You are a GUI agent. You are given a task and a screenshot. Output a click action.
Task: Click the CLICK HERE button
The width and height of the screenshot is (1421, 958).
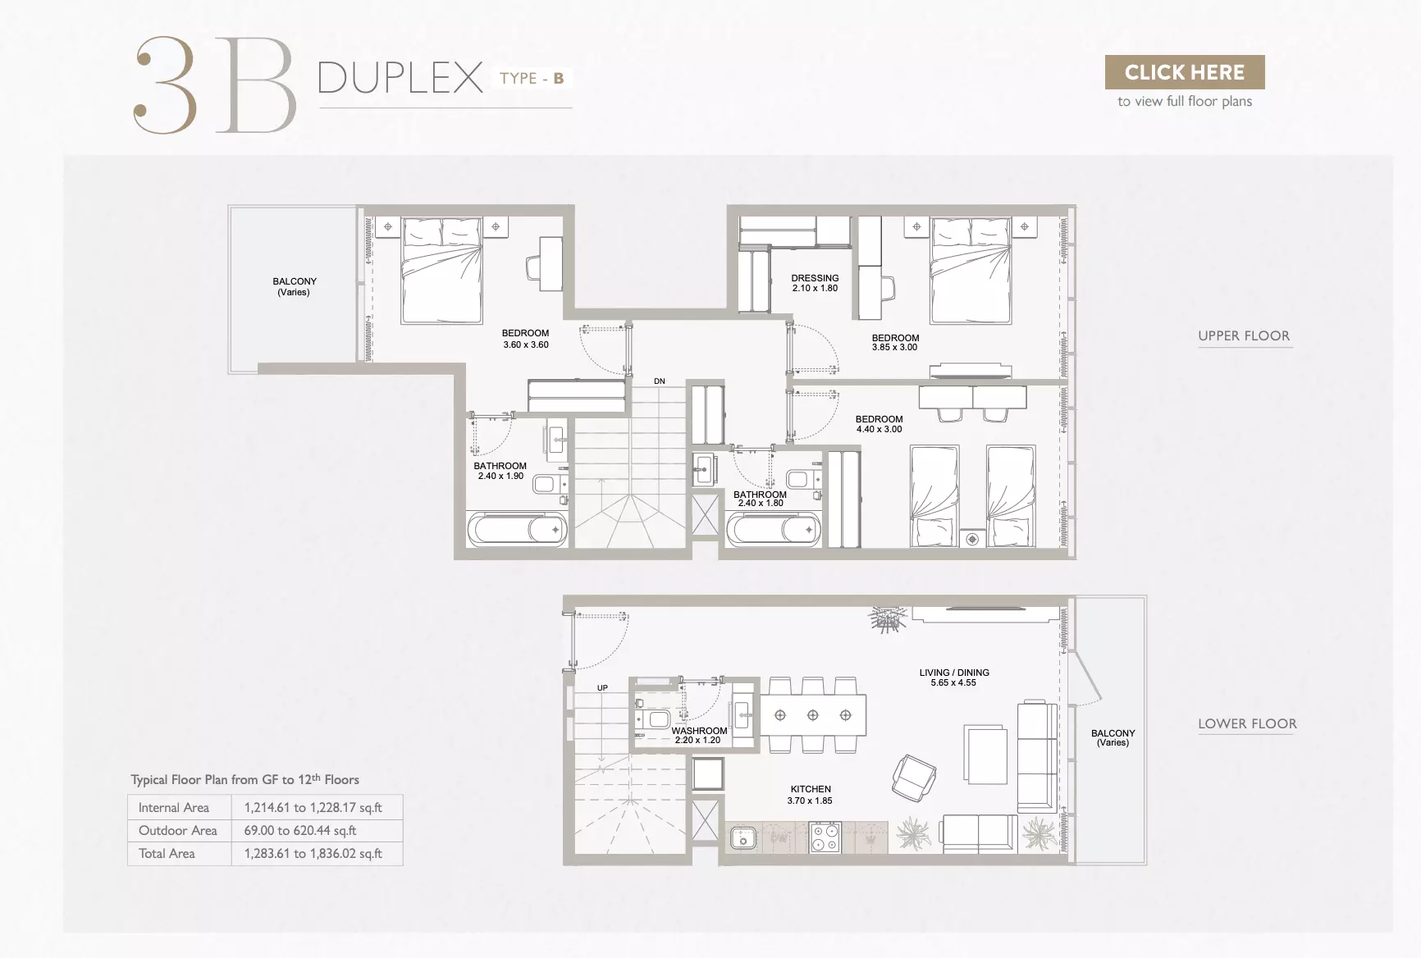1185,72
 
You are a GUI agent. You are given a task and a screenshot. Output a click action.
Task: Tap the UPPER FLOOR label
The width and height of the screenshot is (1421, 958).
1244,335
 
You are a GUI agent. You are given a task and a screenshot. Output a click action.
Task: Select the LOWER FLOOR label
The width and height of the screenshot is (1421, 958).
1247,723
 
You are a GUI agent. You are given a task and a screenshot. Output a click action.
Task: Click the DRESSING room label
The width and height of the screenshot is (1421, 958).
815,278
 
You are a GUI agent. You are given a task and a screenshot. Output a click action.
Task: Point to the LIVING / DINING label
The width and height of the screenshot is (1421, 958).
954,673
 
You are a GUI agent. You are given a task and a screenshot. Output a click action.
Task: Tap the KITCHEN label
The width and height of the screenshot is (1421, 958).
811,789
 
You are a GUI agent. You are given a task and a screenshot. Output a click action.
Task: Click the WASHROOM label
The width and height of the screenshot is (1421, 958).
699,731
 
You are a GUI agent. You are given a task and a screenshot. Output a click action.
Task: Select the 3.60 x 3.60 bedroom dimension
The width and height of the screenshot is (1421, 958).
526,344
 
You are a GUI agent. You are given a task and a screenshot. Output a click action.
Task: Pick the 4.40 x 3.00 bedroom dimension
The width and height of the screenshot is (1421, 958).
879,429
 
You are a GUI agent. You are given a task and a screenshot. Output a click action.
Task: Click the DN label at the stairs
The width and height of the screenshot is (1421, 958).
660,381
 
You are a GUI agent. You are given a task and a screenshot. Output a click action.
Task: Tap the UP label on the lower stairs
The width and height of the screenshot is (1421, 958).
602,687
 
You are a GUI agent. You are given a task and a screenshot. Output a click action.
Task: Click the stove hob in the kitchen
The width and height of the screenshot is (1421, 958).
825,837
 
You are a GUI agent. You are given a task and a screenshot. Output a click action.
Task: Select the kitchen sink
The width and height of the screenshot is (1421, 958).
743,838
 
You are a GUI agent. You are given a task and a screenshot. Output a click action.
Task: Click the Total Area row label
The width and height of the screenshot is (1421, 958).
167,853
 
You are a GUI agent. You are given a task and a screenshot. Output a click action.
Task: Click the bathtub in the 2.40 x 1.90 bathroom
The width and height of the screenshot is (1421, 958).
517,530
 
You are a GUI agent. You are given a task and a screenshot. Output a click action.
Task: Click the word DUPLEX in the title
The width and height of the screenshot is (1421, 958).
400,78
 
